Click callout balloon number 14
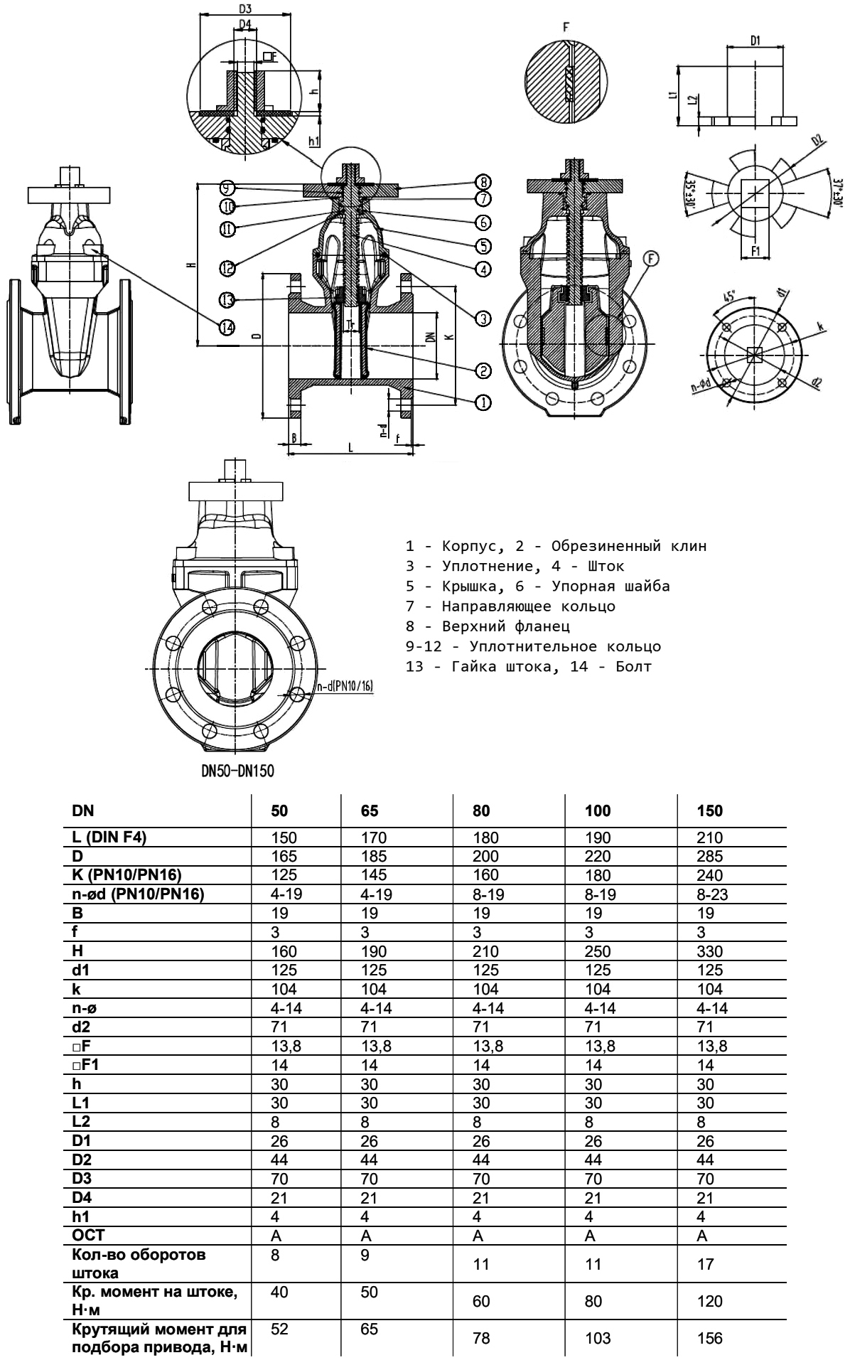(x=227, y=328)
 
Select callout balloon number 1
(x=483, y=402)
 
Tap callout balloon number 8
(x=483, y=181)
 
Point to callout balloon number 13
(x=227, y=300)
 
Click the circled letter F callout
(x=652, y=259)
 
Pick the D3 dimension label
(x=245, y=9)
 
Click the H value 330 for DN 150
(x=710, y=951)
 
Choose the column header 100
(x=598, y=811)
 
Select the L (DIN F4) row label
(x=109, y=837)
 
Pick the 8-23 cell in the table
(x=712, y=894)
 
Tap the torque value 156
(x=709, y=1339)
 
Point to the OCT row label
(x=88, y=1236)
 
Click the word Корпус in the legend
(x=466, y=547)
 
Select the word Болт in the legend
(x=634, y=667)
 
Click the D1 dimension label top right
(x=755, y=41)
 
